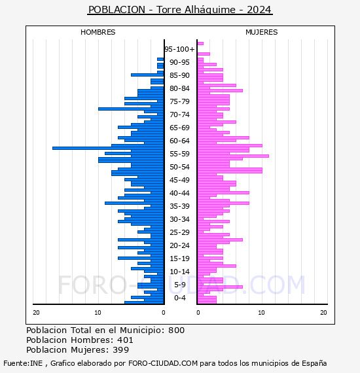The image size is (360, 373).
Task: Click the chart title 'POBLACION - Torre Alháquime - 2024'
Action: click(180, 10)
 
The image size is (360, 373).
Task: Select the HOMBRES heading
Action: click(98, 32)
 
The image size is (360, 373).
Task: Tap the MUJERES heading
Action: click(262, 32)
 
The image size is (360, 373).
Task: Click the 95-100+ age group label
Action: click(179, 49)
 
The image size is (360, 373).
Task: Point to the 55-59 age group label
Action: click(179, 154)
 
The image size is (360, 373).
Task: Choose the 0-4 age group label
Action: click(179, 298)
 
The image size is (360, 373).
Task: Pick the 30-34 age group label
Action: click(179, 219)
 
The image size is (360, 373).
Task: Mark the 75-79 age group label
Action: click(179, 101)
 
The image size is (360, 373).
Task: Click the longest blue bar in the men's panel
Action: click(108, 148)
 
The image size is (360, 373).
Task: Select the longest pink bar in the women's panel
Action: click(233, 156)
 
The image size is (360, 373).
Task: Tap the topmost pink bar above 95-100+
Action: click(200, 44)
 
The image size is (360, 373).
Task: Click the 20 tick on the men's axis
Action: click(36, 312)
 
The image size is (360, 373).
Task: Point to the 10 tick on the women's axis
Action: click(261, 312)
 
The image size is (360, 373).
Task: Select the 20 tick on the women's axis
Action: click(323, 312)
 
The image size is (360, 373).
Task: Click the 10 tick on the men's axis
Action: click(98, 312)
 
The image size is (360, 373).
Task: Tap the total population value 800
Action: click(176, 330)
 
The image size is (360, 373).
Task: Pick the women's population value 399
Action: click(121, 350)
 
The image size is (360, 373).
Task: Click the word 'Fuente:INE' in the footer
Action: click(23, 363)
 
